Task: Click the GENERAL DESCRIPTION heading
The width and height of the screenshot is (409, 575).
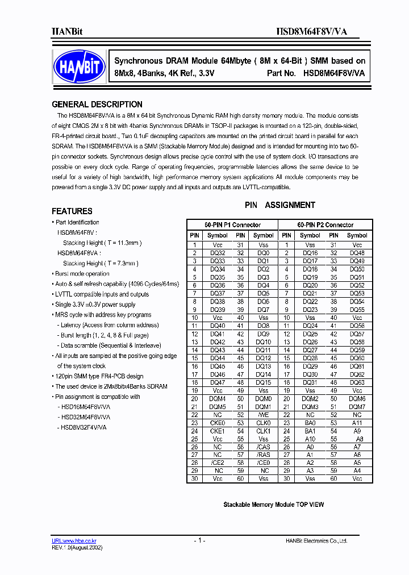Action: pyautogui.click(x=97, y=105)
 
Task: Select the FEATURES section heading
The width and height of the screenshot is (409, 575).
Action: pyautogui.click(x=72, y=211)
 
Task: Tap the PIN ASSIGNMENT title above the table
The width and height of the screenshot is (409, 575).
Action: pyautogui.click(x=279, y=205)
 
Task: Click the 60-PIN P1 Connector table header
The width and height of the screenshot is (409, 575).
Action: pyautogui.click(x=232, y=225)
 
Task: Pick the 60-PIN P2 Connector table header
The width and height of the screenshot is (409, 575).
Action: pyautogui.click(x=325, y=225)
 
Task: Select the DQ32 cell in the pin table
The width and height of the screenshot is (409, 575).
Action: pyautogui.click(x=217, y=253)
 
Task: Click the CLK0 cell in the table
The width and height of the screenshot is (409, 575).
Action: pyautogui.click(x=263, y=423)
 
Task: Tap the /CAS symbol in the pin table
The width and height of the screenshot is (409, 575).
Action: pyautogui.click(x=263, y=447)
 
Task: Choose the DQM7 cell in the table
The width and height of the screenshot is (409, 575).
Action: pyautogui.click(x=357, y=407)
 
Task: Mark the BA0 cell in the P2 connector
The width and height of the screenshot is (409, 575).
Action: pyautogui.click(x=310, y=423)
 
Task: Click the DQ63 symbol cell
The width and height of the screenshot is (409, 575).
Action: pyautogui.click(x=357, y=382)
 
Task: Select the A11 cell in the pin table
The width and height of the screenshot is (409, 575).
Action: pyautogui.click(x=357, y=423)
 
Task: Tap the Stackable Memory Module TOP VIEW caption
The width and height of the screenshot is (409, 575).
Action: pyautogui.click(x=273, y=505)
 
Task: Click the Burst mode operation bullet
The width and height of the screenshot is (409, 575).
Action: pyautogui.click(x=82, y=274)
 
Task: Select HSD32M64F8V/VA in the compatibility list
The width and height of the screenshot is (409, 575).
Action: pyautogui.click(x=84, y=417)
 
